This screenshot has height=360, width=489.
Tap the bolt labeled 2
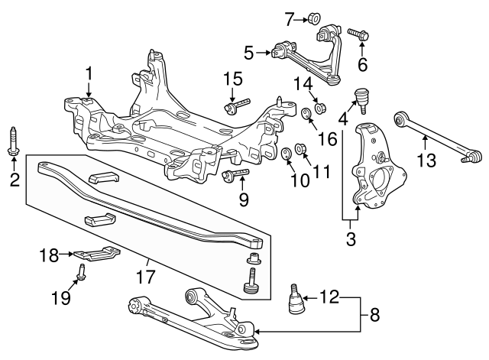click(x=14, y=143)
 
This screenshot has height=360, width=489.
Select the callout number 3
click(x=351, y=239)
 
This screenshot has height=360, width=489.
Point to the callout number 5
click(x=248, y=53)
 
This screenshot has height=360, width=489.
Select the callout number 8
click(x=374, y=313)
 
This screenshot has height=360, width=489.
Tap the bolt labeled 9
click(x=235, y=177)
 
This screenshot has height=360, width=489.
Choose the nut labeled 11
click(x=301, y=147)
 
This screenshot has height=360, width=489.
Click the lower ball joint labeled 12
click(x=296, y=299)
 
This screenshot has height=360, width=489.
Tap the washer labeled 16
click(x=306, y=115)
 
